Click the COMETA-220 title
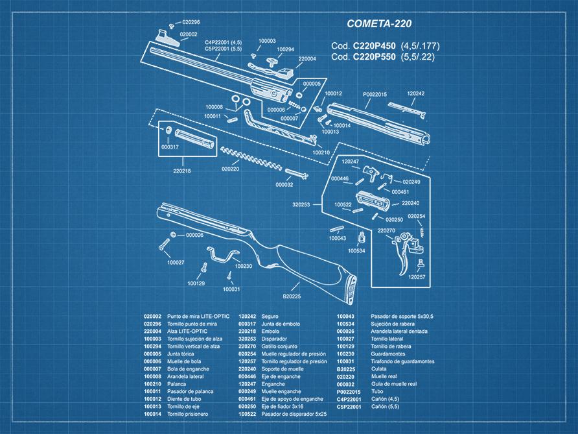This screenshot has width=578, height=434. pos(378,24)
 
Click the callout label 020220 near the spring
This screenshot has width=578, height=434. pos(230,169)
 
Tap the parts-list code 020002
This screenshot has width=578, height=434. pos(152,315)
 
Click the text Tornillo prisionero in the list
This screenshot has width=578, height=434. pos(189,413)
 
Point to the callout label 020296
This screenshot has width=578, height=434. pos(191,22)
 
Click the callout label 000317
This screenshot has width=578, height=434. pos(170,147)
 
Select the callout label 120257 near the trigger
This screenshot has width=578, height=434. pos(417,277)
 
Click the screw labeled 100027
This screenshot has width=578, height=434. pos(162,245)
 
